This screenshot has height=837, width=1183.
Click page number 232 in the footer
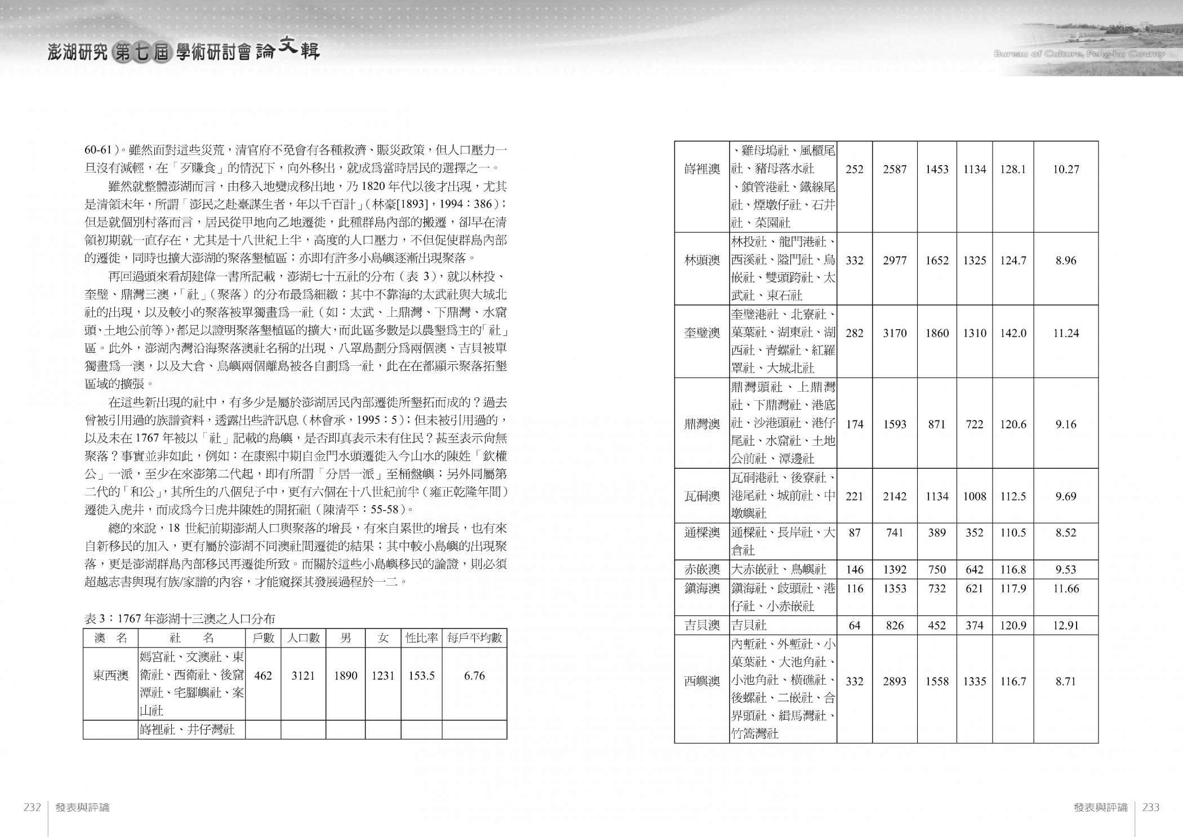32,807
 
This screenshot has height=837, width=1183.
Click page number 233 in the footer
1151,807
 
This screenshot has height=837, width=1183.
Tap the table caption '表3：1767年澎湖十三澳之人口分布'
180,618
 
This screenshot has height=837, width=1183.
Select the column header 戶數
263,638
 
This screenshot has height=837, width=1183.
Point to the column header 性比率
421,638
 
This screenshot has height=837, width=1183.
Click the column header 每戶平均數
474,638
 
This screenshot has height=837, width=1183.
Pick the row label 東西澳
110,675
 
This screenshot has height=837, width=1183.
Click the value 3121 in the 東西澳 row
303,675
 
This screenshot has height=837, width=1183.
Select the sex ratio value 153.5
421,675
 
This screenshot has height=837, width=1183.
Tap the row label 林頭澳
702,260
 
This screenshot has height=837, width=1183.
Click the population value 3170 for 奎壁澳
895,333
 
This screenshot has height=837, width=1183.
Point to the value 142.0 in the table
1013,333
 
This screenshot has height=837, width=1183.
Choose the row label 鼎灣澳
702,424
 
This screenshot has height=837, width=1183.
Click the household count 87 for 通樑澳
855,533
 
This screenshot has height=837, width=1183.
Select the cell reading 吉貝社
749,625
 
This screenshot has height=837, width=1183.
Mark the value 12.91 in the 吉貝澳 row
1066,625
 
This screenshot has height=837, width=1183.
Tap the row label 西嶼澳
702,681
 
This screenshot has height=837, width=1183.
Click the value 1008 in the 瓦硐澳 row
975,497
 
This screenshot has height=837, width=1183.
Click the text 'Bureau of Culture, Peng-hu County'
1079,54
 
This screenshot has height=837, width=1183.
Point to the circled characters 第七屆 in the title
141,52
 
